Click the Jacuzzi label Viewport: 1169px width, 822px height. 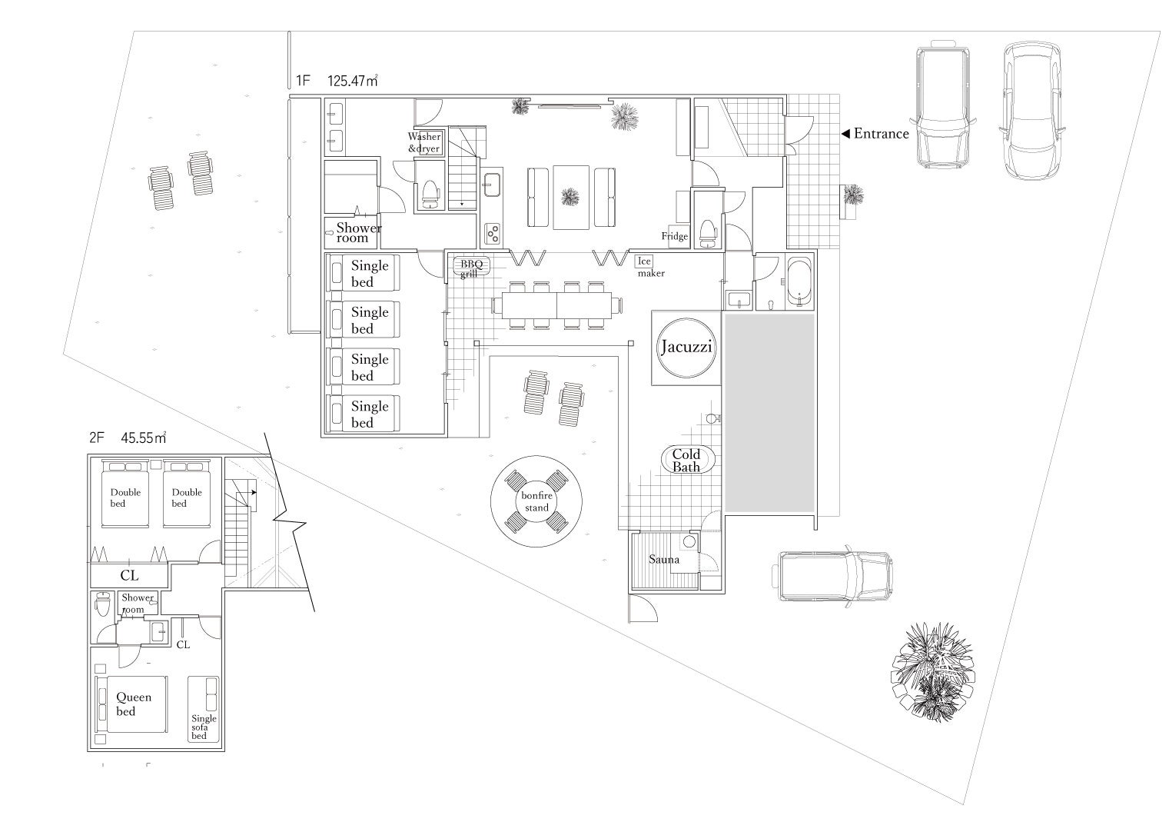686,347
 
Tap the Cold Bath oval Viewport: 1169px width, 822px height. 686,460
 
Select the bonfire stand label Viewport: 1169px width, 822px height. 536,501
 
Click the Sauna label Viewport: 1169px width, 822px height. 664,559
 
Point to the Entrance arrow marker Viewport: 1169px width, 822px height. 845,134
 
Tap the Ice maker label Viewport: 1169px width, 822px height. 650,267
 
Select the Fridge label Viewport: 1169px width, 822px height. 675,236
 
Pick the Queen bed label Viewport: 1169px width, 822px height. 134,704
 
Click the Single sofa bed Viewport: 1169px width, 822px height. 203,709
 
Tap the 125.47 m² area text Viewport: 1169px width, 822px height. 353,81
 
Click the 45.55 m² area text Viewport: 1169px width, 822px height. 144,438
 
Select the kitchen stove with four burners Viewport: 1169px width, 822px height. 493,234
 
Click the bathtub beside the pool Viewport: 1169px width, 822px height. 799,281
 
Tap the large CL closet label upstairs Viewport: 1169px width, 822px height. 129,575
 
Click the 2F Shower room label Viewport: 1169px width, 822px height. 138,603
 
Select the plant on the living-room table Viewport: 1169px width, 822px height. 570,198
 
